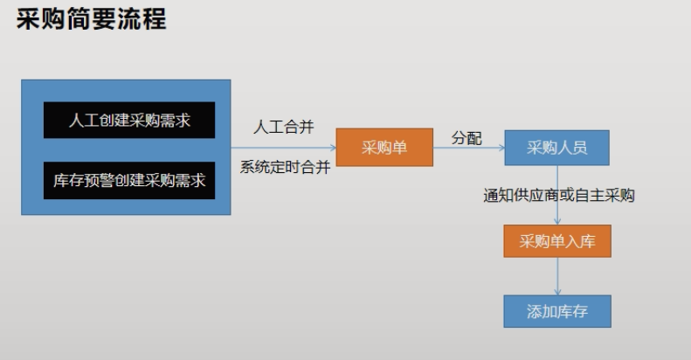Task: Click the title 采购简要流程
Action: (91, 19)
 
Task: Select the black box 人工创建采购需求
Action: (129, 120)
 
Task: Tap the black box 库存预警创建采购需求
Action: (129, 180)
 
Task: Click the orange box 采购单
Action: (384, 148)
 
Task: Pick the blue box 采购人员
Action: (556, 148)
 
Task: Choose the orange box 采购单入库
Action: (556, 241)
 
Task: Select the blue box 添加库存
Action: (556, 311)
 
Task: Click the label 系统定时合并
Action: (285, 168)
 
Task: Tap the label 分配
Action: (466, 138)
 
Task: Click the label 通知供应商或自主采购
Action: (559, 196)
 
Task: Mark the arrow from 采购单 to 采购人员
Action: (468, 149)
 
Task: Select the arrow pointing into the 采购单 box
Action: (284, 149)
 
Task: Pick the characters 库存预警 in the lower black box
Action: (84, 180)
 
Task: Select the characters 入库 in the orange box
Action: (582, 241)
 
